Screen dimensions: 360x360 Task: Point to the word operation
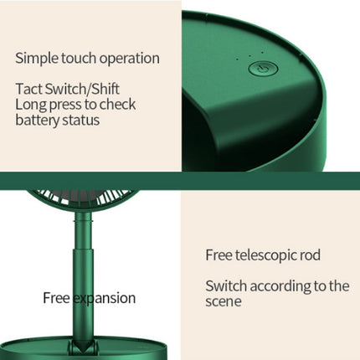pos(131,59)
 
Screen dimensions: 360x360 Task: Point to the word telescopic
pos(265,255)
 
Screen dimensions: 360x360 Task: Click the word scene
pos(224,301)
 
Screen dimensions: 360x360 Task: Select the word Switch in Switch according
pos(226,285)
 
